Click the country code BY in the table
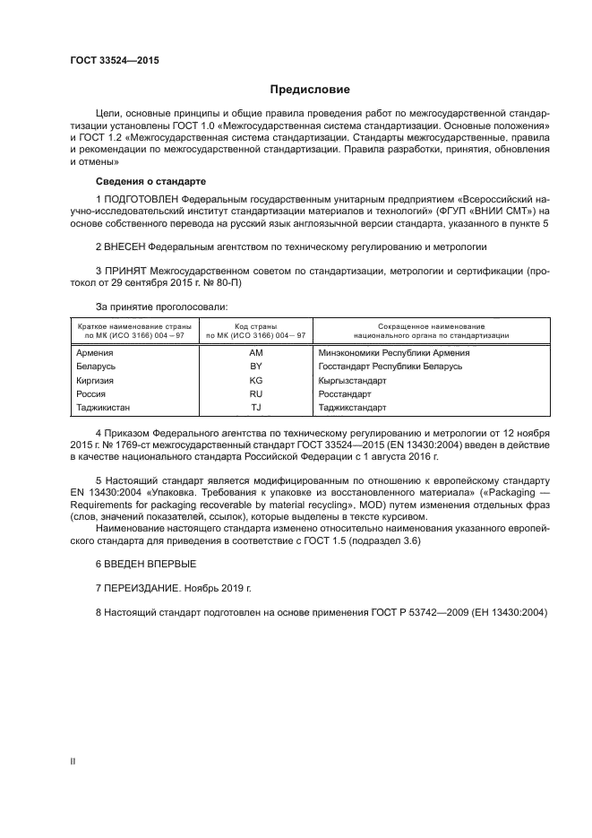(x=255, y=367)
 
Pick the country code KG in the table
(x=255, y=380)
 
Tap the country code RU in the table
(x=255, y=393)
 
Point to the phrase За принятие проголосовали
(x=151, y=306)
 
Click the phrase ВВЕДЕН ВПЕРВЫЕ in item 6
(x=144, y=564)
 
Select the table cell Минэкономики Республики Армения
(x=394, y=353)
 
